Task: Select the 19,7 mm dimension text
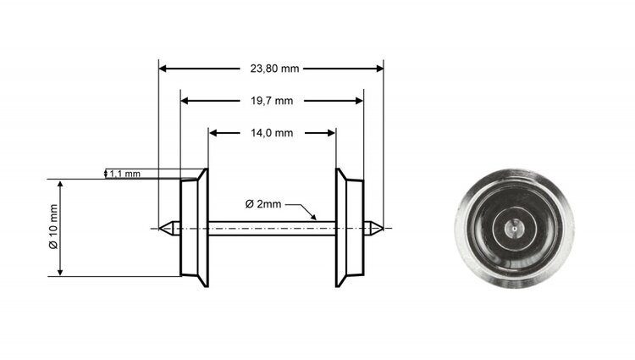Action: (x=271, y=100)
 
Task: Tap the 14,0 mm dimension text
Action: (x=272, y=132)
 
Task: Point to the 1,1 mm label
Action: (x=125, y=174)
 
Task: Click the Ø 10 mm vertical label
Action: (x=52, y=226)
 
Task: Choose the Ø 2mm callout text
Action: (x=262, y=204)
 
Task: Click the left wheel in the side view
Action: (x=195, y=226)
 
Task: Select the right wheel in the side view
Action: (x=349, y=226)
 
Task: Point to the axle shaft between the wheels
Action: (x=271, y=226)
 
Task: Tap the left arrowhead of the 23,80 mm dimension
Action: (x=164, y=68)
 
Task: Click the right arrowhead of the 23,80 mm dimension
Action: (x=378, y=68)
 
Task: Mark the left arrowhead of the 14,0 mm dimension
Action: (x=214, y=132)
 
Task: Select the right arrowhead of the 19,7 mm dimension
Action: (x=358, y=100)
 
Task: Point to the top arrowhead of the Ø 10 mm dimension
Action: (x=60, y=184)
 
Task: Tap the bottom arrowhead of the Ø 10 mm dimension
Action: (x=60, y=271)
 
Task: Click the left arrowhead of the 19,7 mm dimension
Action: (x=185, y=100)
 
